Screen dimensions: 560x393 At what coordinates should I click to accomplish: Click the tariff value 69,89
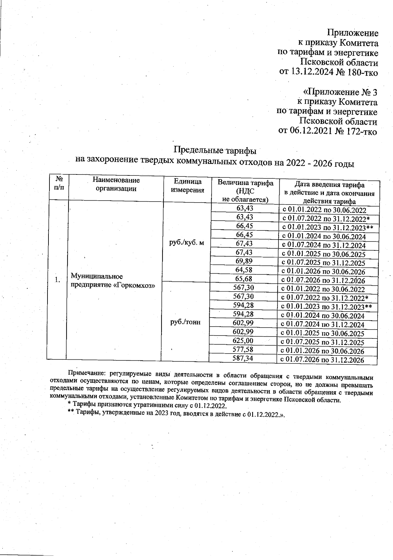245,261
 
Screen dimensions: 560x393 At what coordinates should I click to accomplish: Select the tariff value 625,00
243,341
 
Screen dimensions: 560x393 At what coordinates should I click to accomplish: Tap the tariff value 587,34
243,358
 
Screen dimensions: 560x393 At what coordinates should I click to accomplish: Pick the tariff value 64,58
245,270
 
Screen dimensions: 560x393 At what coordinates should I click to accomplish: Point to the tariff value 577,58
243,350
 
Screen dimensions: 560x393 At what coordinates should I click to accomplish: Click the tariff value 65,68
245,279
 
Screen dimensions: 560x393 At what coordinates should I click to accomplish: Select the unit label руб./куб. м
185,243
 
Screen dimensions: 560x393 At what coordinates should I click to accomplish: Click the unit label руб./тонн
185,322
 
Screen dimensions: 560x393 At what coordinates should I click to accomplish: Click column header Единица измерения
188,186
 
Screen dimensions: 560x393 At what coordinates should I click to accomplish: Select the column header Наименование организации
116,184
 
